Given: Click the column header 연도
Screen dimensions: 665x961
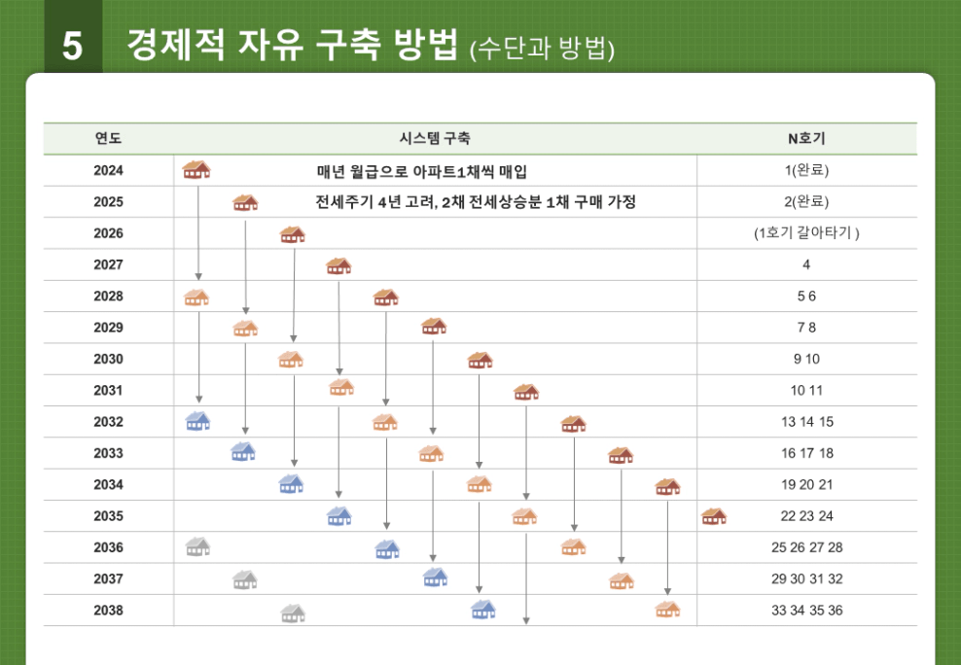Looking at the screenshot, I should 108,139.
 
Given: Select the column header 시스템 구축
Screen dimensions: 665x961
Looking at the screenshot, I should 435,139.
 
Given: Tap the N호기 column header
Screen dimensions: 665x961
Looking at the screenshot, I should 806,139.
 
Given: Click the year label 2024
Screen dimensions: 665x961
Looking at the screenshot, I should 108,171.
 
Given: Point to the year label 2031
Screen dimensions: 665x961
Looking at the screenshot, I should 108,391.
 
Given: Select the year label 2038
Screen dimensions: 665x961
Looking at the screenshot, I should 108,611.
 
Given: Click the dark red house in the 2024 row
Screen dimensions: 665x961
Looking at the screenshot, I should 196,170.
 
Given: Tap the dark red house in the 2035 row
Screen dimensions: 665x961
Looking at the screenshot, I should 714,515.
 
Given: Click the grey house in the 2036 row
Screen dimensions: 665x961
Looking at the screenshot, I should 197,546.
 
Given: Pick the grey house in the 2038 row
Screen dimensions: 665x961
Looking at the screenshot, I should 293,612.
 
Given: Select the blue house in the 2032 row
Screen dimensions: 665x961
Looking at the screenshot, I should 197,421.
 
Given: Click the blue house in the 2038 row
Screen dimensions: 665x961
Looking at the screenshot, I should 483,610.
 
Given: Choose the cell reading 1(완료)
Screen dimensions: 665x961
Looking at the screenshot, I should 806,171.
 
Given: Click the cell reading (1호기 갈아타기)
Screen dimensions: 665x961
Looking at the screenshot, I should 806,233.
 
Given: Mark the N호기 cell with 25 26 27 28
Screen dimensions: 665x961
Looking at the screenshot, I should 806,547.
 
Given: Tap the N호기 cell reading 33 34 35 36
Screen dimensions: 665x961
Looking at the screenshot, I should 806,611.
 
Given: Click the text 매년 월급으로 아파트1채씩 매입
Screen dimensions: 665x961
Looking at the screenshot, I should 422,171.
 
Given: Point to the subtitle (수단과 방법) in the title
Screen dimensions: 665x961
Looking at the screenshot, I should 542,49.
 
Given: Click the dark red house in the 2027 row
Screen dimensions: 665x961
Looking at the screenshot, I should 338,265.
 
